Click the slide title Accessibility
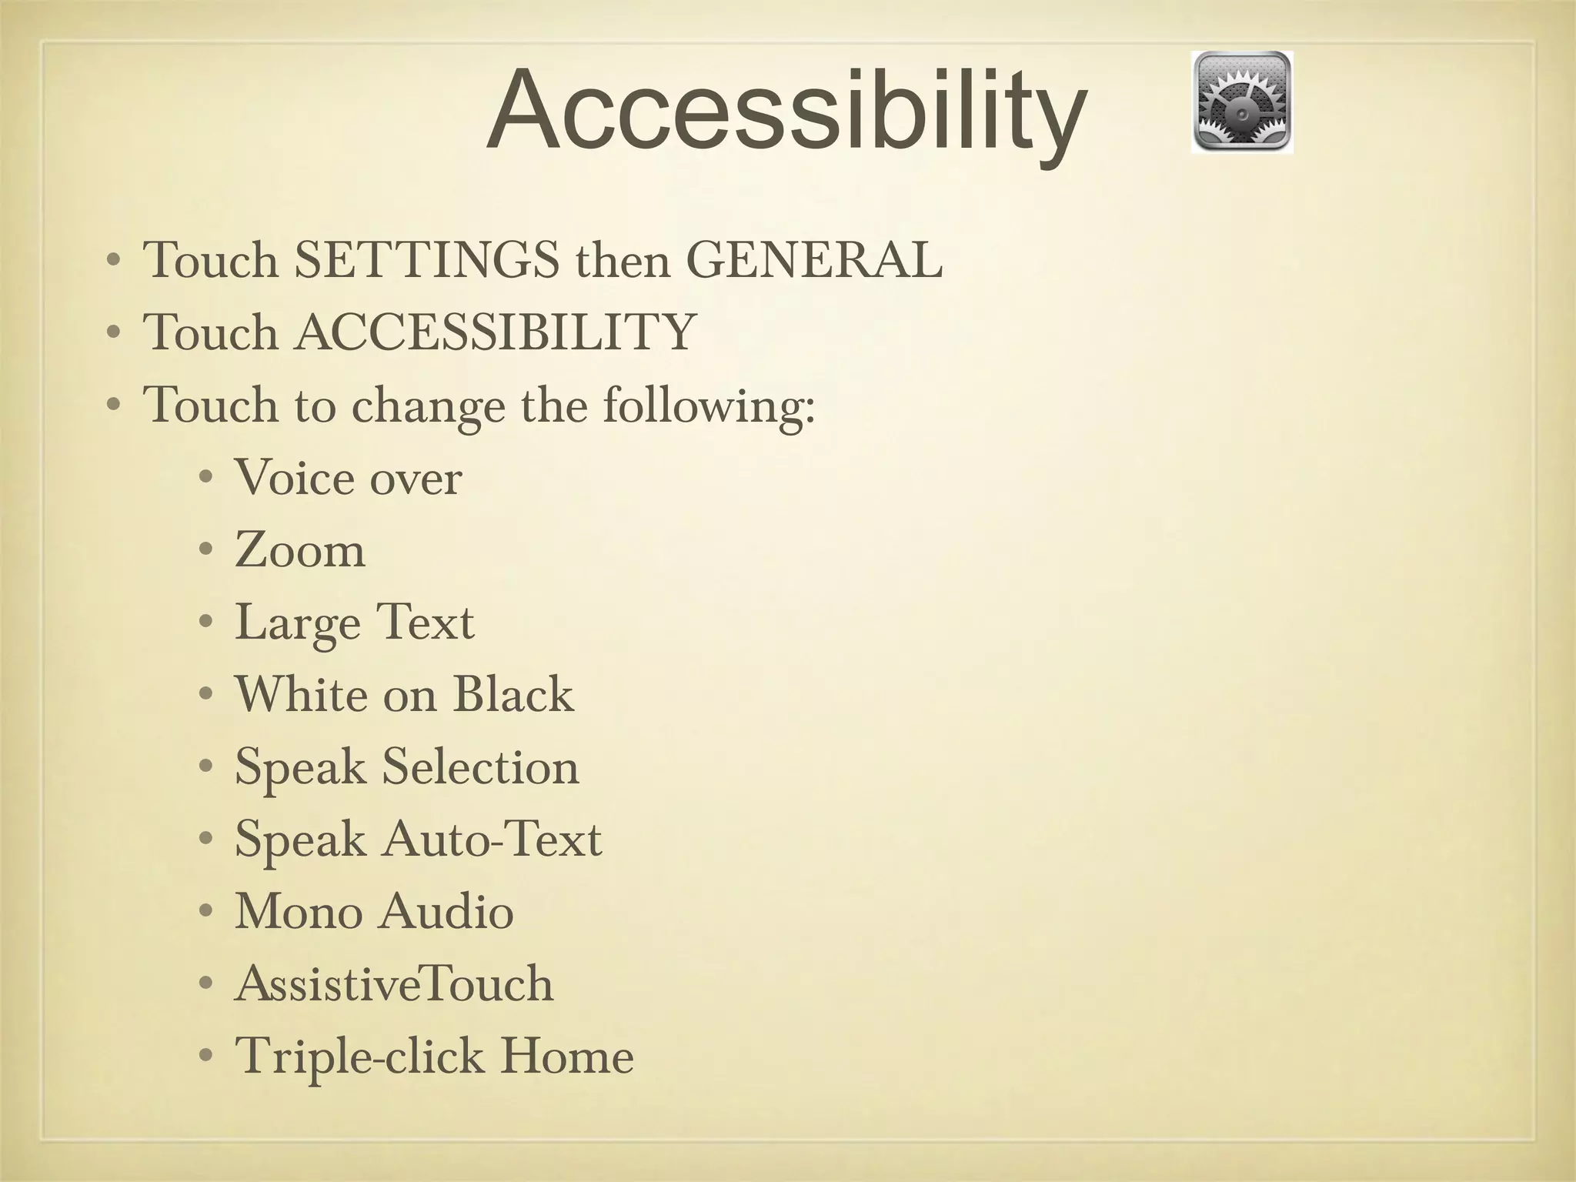click(786, 112)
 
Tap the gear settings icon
click(1241, 102)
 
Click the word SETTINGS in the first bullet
click(427, 260)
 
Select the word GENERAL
click(813, 260)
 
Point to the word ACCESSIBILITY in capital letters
click(496, 332)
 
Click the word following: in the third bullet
click(708, 406)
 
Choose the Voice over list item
click(348, 478)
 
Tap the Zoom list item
click(299, 550)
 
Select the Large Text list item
click(354, 623)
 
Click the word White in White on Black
click(302, 694)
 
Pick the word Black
click(513, 694)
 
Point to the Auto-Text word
click(492, 839)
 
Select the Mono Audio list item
click(374, 912)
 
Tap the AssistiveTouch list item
click(394, 983)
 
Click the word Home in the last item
click(567, 1056)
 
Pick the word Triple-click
click(359, 1057)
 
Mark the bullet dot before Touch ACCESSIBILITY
click(113, 333)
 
